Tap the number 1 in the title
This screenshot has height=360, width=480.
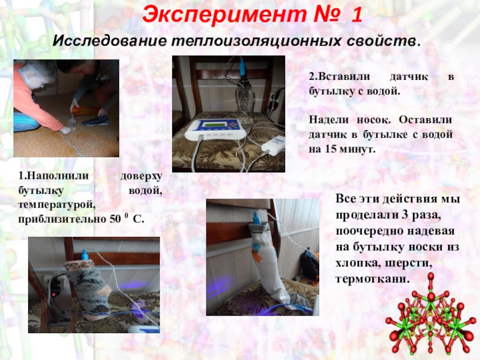[x=356, y=15]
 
